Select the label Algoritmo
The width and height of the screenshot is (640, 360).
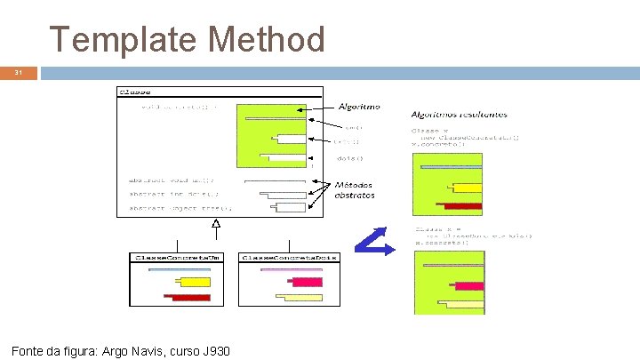pyautogui.click(x=358, y=106)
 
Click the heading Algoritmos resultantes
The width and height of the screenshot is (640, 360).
pyautogui.click(x=460, y=114)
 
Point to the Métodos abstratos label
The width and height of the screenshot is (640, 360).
pyautogui.click(x=355, y=190)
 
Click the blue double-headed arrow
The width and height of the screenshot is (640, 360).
pyautogui.click(x=374, y=241)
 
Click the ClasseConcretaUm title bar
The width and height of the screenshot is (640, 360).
pyautogui.click(x=176, y=257)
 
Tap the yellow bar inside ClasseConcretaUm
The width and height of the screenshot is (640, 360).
pyautogui.click(x=191, y=283)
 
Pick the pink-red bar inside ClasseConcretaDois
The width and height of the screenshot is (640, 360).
pyautogui.click(x=306, y=283)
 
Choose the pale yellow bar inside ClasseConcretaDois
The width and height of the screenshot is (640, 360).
pyautogui.click(x=300, y=298)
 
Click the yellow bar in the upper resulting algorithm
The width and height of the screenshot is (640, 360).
pyautogui.click(x=467, y=188)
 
